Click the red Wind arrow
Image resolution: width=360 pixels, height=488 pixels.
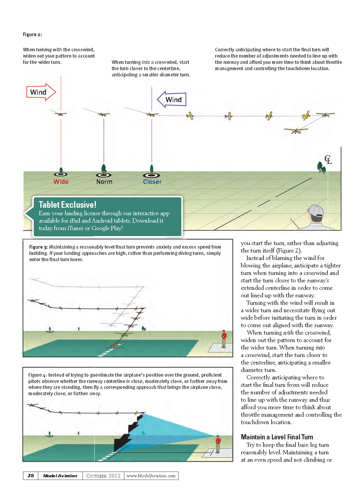point(41,92)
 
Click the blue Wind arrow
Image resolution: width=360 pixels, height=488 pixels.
point(172,99)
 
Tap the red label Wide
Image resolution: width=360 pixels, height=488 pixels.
point(61,182)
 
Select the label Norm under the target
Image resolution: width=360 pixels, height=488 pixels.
point(104,182)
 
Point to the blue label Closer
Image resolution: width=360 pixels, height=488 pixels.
point(152,182)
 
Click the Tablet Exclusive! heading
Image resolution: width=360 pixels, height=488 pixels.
point(68,205)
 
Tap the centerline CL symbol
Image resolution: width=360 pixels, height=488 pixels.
point(328,160)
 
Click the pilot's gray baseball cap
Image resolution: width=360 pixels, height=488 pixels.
point(316,210)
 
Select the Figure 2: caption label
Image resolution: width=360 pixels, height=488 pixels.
point(32,35)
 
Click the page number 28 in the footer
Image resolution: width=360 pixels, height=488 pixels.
point(31,476)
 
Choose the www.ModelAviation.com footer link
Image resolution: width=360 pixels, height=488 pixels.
point(151,476)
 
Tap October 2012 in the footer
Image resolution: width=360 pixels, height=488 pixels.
point(103,476)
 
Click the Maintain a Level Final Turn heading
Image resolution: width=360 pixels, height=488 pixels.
point(277,437)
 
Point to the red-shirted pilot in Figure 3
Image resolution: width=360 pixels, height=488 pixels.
point(223,339)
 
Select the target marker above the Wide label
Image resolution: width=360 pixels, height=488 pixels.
point(61,174)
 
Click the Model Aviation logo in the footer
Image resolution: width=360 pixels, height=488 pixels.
point(60,476)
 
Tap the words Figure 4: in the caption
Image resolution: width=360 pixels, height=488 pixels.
point(38,375)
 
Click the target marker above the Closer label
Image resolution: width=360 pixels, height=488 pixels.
point(151,175)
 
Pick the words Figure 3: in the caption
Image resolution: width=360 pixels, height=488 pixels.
point(39,247)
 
